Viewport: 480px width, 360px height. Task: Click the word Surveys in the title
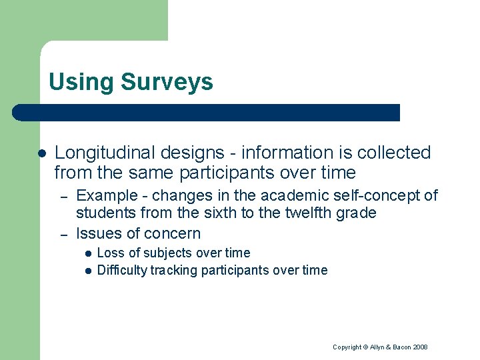(167, 82)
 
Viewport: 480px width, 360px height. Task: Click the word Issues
(96, 233)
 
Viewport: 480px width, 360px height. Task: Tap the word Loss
(110, 253)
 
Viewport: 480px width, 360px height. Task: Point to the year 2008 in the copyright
(419, 347)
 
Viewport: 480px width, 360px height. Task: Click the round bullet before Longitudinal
(41, 153)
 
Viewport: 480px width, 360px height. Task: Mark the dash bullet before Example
(62, 196)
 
